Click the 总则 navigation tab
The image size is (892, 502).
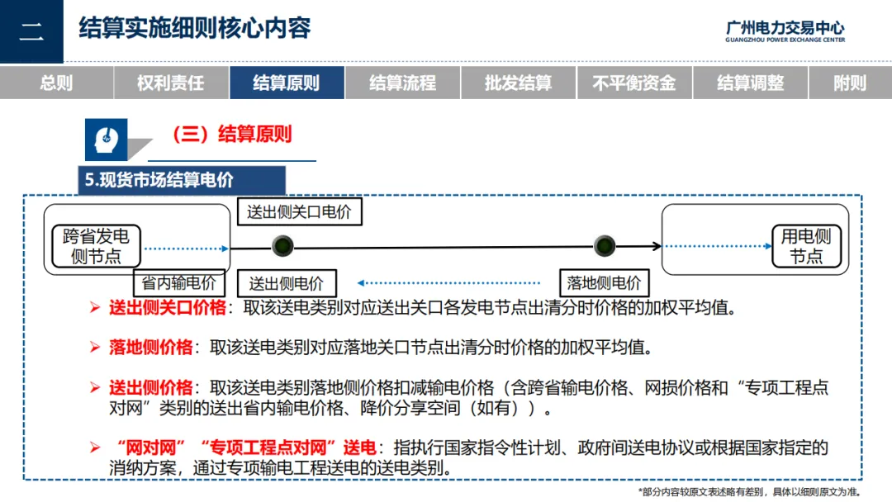click(x=56, y=83)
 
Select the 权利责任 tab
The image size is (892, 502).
click(x=170, y=83)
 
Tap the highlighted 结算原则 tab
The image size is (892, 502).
click(x=286, y=83)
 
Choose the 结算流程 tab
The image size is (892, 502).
click(x=402, y=83)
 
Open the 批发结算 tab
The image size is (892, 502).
click(x=518, y=83)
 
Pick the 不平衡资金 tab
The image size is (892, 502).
click(x=633, y=83)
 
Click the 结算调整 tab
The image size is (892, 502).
click(x=750, y=83)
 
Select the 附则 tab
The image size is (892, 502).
click(x=850, y=83)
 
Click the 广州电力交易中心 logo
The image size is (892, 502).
click(x=785, y=31)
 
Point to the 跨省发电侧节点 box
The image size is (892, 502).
click(x=96, y=245)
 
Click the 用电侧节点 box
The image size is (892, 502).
click(x=806, y=245)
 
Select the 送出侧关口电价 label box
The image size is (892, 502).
click(x=299, y=211)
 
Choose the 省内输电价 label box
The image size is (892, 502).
click(x=179, y=282)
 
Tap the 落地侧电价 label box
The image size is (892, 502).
click(x=604, y=282)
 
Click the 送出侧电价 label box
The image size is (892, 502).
click(x=287, y=283)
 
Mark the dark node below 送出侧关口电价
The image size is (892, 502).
click(x=283, y=245)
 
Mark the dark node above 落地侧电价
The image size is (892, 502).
click(x=604, y=245)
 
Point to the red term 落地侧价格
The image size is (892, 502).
click(x=150, y=347)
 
